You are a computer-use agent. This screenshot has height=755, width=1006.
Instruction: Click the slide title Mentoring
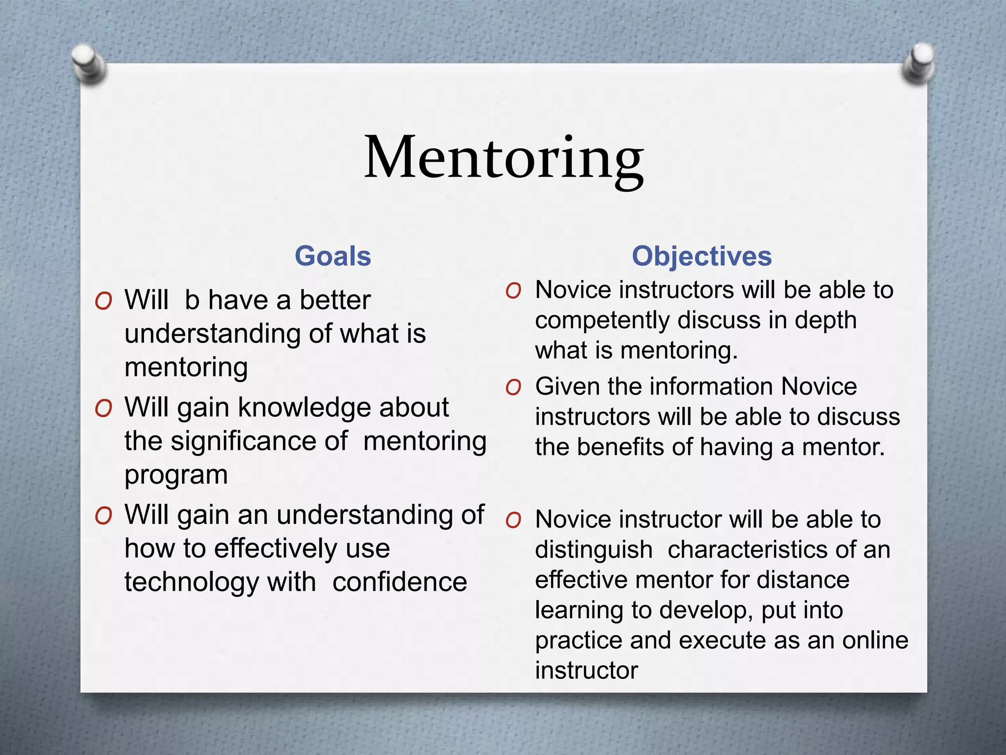click(503, 158)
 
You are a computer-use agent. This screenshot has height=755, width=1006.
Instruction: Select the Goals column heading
click(333, 256)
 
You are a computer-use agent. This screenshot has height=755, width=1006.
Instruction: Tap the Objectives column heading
click(701, 256)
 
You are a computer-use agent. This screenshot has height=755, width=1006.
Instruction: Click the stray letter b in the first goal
click(192, 300)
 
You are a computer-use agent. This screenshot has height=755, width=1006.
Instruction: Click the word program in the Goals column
click(176, 475)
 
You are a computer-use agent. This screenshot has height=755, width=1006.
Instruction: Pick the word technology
click(192, 583)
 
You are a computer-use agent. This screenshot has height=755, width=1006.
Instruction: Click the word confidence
click(399, 583)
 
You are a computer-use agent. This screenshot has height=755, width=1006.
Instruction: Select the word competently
click(602, 320)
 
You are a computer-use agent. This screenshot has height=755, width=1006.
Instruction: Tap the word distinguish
click(593, 550)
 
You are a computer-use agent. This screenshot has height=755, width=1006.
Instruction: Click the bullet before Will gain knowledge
click(104, 408)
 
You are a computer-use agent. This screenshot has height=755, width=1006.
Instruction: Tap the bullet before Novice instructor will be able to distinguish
click(513, 521)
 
